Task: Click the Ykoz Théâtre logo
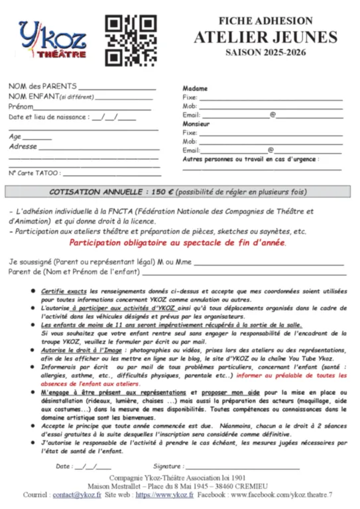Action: click(52, 39)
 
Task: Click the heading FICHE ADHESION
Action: click(265, 21)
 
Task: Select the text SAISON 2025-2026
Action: click(265, 52)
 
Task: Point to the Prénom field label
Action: click(21, 106)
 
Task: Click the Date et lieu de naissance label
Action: click(48, 117)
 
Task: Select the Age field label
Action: click(15, 137)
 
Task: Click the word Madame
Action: click(195, 88)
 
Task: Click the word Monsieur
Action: click(196, 124)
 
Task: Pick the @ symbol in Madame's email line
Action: click(272, 115)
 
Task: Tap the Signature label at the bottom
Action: click(168, 466)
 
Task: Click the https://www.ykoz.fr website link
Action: click(165, 494)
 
